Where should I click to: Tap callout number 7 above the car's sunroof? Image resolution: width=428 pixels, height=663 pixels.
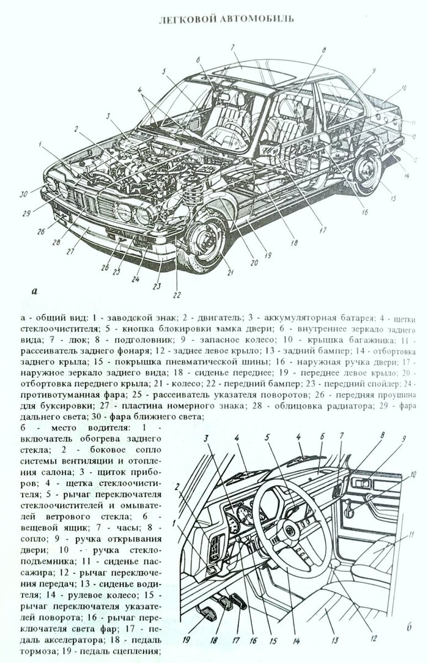(232, 47)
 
